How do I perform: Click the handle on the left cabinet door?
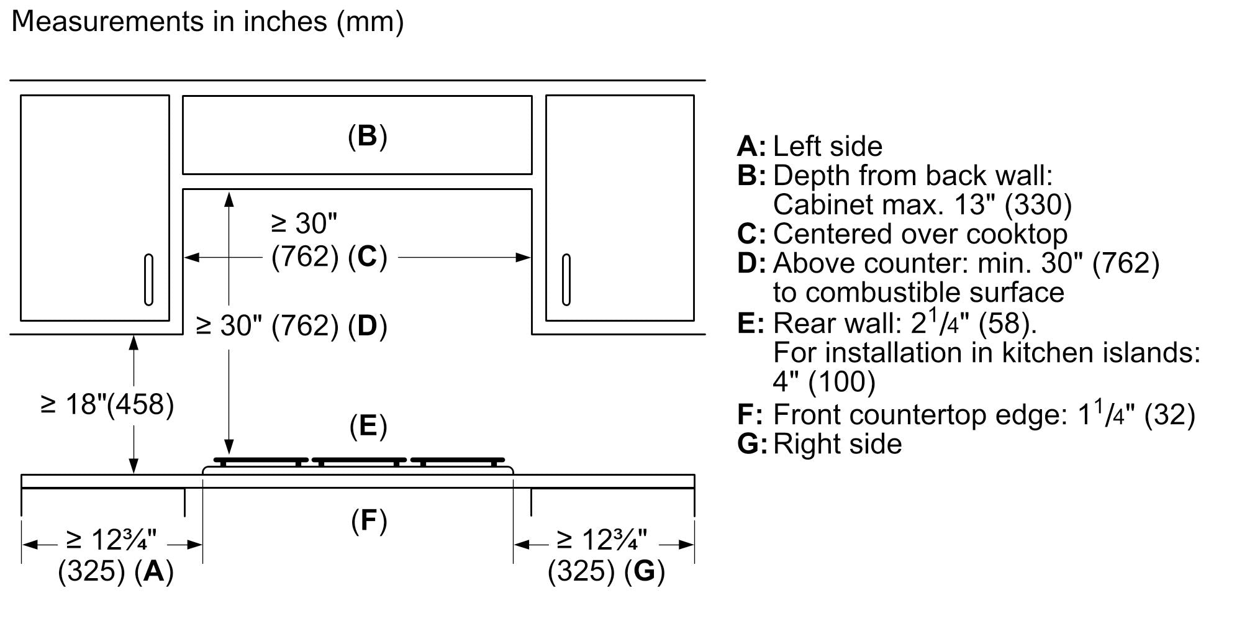148,279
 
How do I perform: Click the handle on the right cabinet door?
566,279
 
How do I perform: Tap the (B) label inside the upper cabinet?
368,136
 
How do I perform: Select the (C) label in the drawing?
368,257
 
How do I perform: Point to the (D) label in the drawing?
368,326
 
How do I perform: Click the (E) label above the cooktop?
368,426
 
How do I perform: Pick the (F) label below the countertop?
369,520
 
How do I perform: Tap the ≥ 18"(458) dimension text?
107,405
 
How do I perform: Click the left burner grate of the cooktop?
261,461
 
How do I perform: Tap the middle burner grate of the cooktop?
359,461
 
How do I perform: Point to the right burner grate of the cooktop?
458,461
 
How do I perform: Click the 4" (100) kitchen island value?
824,381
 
